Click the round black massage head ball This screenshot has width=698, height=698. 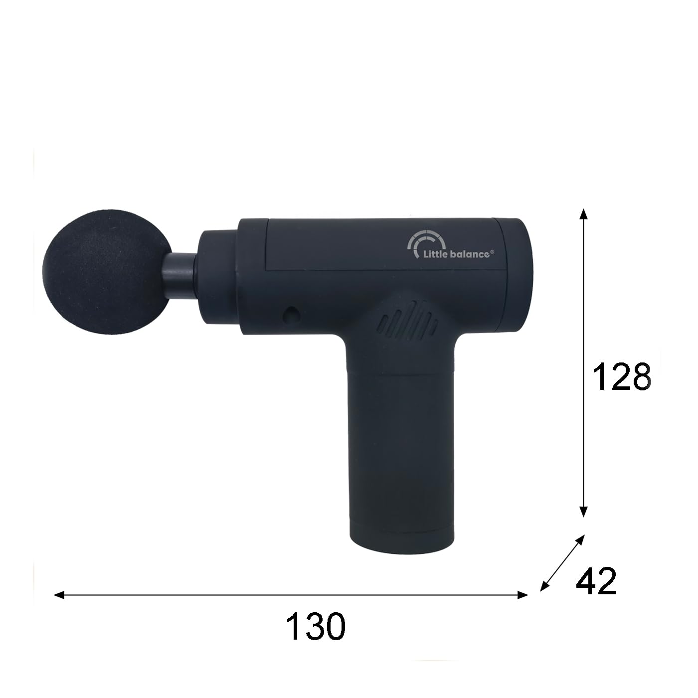click(107, 272)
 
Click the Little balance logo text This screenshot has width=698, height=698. click(457, 254)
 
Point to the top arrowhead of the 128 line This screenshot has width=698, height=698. click(583, 214)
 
